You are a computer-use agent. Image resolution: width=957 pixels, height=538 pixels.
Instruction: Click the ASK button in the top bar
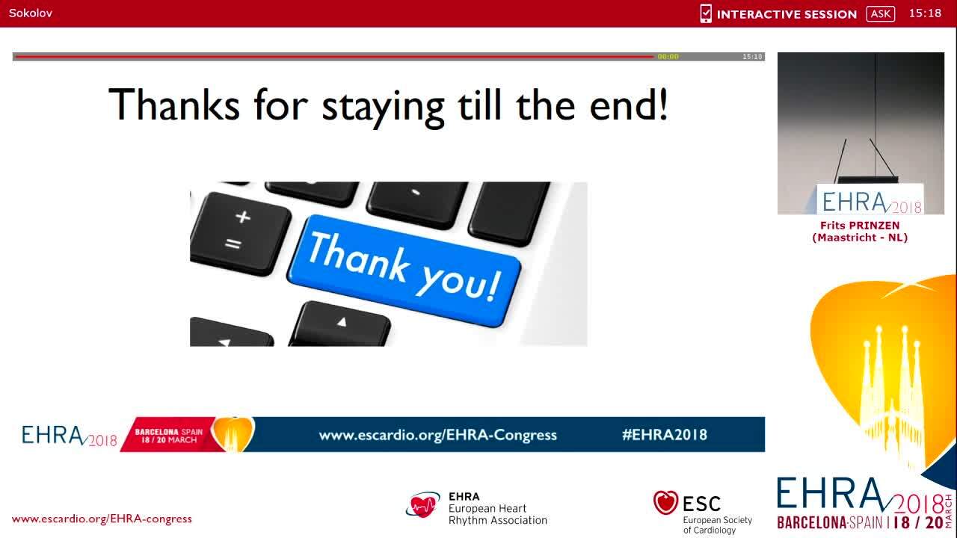pos(881,13)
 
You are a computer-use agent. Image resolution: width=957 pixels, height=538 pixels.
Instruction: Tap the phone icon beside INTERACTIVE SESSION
pos(705,13)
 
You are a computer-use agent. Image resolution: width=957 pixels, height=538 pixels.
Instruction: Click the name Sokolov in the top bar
pos(31,13)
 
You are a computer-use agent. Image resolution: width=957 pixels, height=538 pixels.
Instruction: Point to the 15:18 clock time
pos(925,13)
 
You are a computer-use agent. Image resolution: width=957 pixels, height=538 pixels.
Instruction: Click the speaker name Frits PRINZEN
pos(860,226)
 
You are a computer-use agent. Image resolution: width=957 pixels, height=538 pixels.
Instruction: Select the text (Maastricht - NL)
pos(860,238)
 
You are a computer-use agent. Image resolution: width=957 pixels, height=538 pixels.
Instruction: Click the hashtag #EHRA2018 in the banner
pos(664,435)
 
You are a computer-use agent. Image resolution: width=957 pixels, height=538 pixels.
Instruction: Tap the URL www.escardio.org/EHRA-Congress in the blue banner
pos(437,435)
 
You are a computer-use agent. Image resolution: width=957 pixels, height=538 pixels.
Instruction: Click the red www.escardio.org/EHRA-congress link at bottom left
pos(102,519)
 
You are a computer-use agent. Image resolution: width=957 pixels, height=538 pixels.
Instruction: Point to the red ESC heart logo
pos(665,503)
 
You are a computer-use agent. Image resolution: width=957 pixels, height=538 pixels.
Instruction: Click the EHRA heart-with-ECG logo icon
pos(423,506)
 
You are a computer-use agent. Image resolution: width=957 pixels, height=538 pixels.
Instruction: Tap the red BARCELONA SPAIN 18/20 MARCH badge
pos(166,436)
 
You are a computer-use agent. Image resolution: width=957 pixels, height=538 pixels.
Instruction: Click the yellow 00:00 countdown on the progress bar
pos(668,57)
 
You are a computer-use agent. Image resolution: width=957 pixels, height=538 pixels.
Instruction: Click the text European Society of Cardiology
pos(717,525)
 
